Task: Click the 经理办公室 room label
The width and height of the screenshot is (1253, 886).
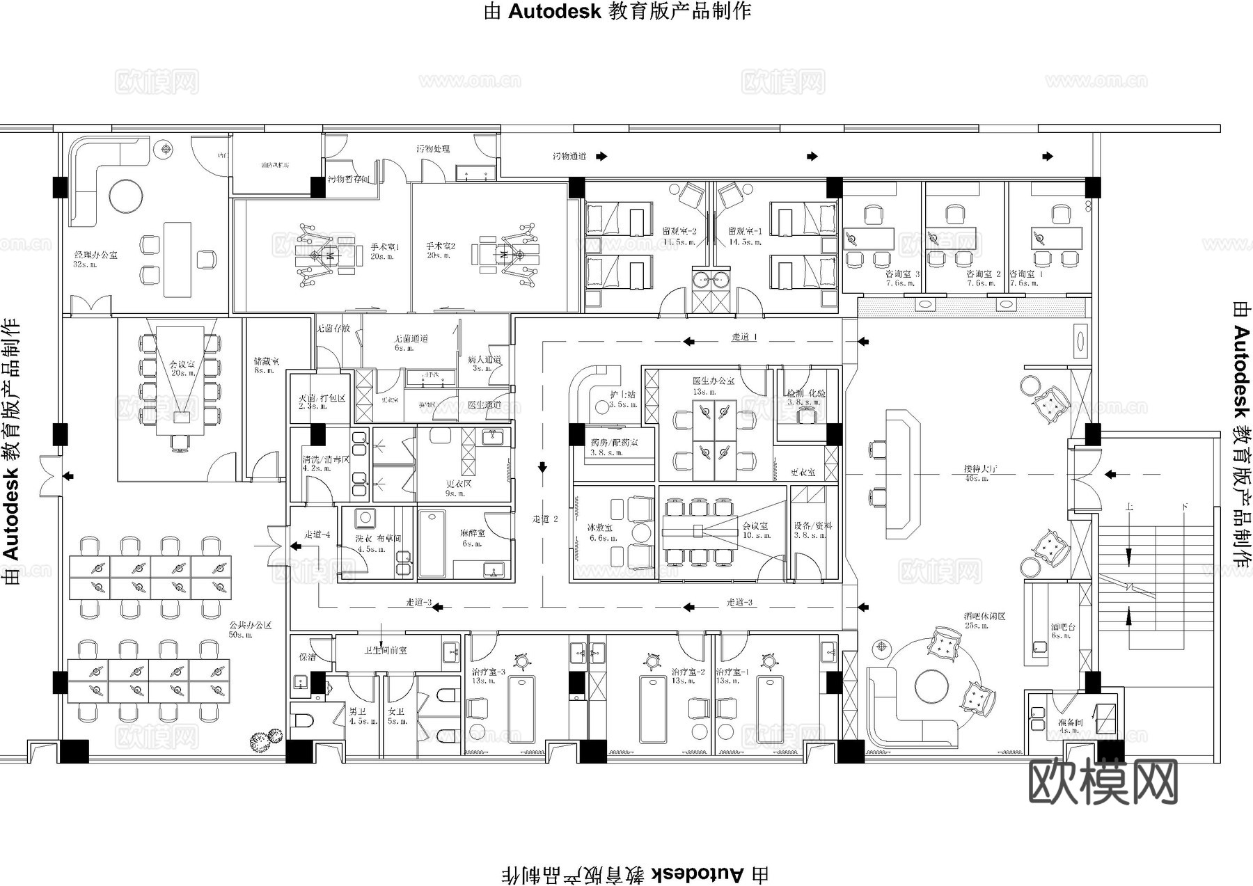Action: pyautogui.click(x=95, y=255)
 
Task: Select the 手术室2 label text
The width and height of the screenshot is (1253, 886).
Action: pyautogui.click(x=441, y=246)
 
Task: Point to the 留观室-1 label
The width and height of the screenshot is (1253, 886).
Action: pyautogui.click(x=745, y=232)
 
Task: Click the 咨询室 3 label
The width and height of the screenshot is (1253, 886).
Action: pyautogui.click(x=902, y=274)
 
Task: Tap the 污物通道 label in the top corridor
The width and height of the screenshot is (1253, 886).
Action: pyautogui.click(x=569, y=157)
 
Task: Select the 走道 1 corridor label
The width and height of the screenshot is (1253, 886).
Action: pyautogui.click(x=744, y=337)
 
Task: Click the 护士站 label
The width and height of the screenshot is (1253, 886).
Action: pyautogui.click(x=622, y=395)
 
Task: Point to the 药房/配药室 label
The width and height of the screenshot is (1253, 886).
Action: pyautogui.click(x=613, y=443)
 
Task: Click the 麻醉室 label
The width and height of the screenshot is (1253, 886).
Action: pyautogui.click(x=472, y=533)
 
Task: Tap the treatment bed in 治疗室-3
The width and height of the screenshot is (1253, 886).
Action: pyautogui.click(x=521, y=710)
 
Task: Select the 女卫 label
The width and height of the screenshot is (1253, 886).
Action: pyautogui.click(x=396, y=712)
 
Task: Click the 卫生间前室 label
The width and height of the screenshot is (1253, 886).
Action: pyautogui.click(x=385, y=650)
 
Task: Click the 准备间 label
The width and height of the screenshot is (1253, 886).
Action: pyautogui.click(x=1070, y=723)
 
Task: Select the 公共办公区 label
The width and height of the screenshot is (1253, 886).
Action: pyautogui.click(x=250, y=625)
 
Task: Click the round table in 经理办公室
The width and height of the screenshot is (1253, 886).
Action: pyautogui.click(x=126, y=196)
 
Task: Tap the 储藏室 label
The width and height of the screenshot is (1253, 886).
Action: pyautogui.click(x=266, y=361)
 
